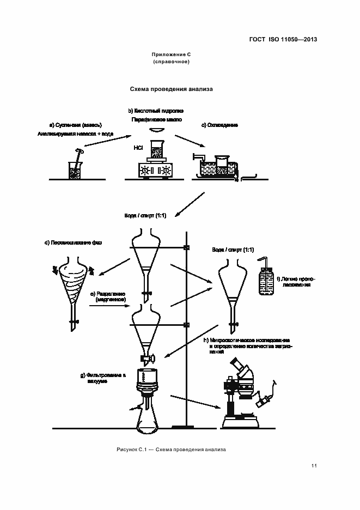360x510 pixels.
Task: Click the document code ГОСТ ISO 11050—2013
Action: coord(284,40)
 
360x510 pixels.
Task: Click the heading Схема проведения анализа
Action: coord(171,88)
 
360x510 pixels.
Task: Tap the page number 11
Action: coord(314,465)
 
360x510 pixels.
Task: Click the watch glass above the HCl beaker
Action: coord(157,129)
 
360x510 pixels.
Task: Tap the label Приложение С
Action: coord(171,55)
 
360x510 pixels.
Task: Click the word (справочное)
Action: coord(171,62)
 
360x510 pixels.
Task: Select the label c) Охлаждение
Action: coord(219,125)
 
